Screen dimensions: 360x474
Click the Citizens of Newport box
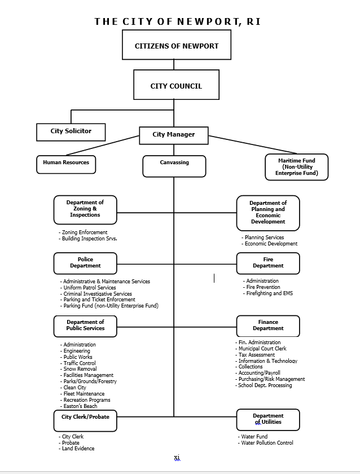coord(177,45)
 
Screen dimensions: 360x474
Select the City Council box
coord(176,85)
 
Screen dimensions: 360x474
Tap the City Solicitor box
coord(71,132)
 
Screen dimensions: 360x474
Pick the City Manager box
coord(174,135)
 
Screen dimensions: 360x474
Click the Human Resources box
coord(66,165)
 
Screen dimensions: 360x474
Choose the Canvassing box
coord(174,166)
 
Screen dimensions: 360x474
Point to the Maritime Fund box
coord(297,167)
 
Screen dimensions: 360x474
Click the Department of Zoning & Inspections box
coord(85,210)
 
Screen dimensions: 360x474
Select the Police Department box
coord(85,264)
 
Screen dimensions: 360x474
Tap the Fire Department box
coord(268,264)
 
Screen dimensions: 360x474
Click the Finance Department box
coord(268,326)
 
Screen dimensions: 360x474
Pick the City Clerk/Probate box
coord(85,421)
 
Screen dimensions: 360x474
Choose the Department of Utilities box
coord(268,420)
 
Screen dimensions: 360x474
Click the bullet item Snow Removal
coord(78,369)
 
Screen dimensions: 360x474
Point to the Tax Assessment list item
coord(255,355)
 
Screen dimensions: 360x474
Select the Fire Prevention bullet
coord(262,287)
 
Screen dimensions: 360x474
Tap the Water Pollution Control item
coord(266,443)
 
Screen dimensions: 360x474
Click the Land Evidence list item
coord(77,449)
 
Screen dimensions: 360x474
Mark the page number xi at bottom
coord(177,458)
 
